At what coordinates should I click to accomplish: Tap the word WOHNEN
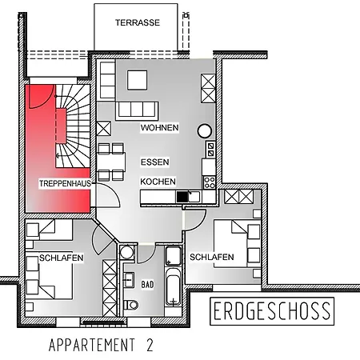point(159,128)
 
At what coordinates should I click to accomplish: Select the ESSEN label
point(154,162)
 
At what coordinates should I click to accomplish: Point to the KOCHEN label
point(158,182)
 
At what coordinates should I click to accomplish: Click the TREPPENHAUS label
point(65,184)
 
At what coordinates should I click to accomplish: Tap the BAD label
point(147,284)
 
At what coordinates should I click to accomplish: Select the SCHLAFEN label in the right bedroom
point(212,257)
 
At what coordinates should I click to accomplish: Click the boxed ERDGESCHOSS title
point(272,311)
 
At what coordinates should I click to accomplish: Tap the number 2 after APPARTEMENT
point(149,346)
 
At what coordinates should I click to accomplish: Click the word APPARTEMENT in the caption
point(90,346)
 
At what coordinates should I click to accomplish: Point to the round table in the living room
point(205,130)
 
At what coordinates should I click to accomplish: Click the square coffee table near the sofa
point(136,80)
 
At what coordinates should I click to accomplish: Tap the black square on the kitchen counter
point(182,196)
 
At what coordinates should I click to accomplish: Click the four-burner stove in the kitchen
point(210,148)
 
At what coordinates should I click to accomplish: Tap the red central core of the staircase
point(62,124)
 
